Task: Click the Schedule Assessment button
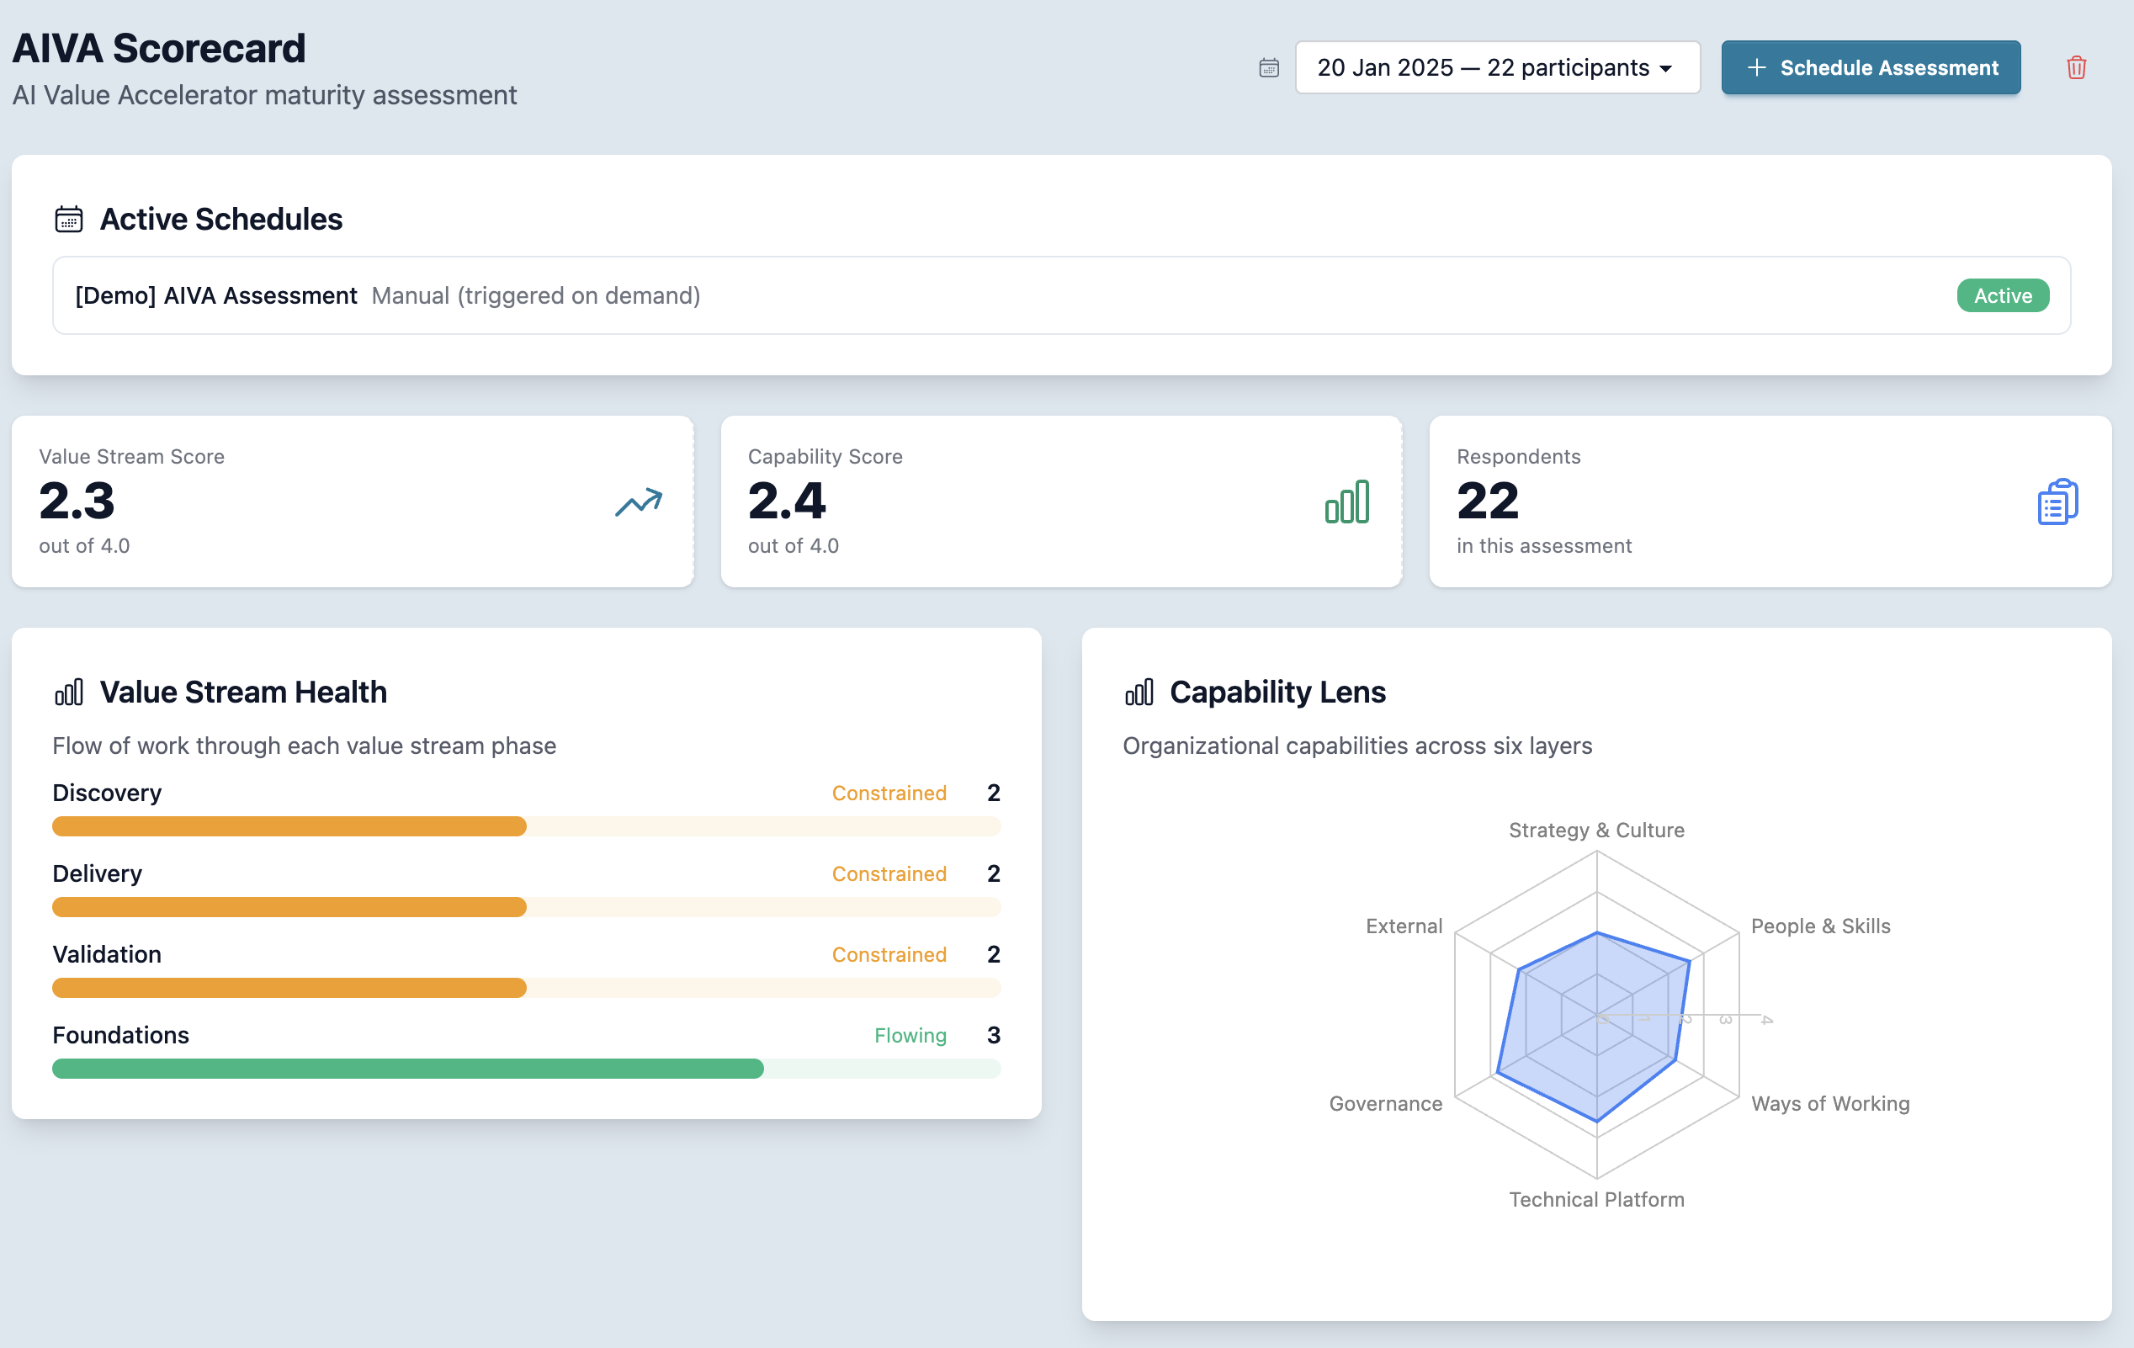coord(1870,67)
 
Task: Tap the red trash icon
coord(2075,67)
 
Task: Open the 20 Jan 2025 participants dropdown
coord(1497,67)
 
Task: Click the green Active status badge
coord(2002,296)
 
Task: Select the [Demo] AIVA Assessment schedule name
coord(216,296)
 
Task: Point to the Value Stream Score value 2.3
coord(77,501)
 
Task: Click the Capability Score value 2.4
coord(786,501)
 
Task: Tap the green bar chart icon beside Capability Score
coord(1346,502)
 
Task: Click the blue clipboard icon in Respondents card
coord(2057,502)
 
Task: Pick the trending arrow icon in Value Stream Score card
coord(638,502)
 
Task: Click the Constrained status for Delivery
coord(889,874)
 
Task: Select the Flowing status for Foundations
coord(910,1035)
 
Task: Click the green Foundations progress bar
coord(407,1069)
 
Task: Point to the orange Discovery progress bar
coord(289,827)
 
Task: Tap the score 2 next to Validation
coord(994,954)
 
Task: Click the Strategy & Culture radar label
coord(1596,831)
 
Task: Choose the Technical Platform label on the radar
coord(1596,1200)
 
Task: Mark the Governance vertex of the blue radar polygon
coord(1498,1073)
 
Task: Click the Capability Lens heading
coord(1277,693)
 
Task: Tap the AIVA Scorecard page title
coord(159,49)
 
